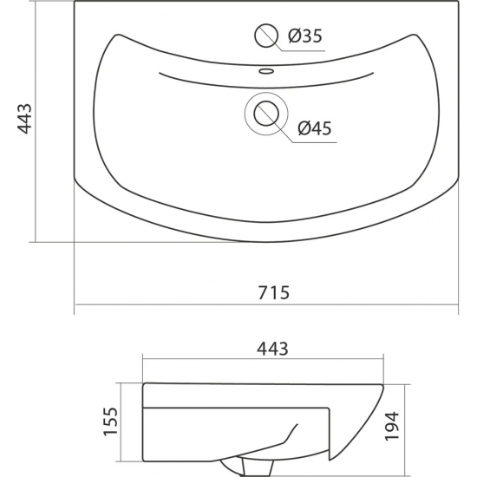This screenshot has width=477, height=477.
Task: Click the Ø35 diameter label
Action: pos(304,36)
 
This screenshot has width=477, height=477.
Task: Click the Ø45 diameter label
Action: pos(315,128)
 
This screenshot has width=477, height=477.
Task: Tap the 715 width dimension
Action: pos(273,292)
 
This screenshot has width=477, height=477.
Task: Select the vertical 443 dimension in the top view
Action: pos(25,119)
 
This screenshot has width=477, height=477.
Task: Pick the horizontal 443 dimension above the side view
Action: pos(272,349)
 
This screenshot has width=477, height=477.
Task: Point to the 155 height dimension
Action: pos(111,421)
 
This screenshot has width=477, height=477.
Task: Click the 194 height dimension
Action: pos(392,426)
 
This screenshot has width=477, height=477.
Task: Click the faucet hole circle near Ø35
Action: pos(266,36)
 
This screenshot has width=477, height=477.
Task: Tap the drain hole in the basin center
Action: pos(266,114)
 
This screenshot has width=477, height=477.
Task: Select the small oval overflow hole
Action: pos(266,71)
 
